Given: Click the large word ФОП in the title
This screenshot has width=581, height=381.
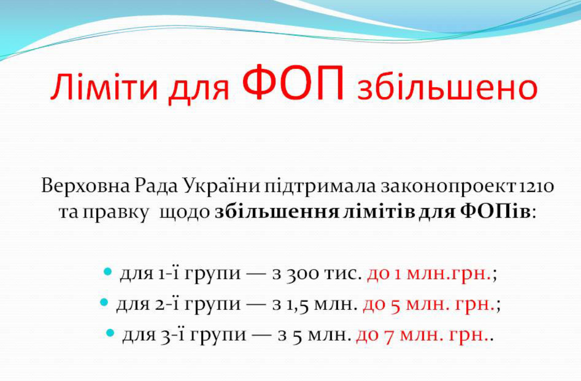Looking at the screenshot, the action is point(294,82).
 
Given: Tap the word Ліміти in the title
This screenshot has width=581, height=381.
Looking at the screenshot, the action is point(104,87).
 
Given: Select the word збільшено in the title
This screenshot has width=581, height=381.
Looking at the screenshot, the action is point(448,87).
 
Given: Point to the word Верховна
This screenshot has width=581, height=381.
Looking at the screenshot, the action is point(85,186).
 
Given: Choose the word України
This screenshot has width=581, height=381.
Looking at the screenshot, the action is point(221,186).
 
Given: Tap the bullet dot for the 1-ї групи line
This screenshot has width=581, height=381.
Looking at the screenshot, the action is point(107,272).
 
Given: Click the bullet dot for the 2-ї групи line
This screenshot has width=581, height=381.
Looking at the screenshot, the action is point(104,302).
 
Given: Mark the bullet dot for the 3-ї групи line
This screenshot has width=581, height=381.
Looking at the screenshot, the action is point(110,333).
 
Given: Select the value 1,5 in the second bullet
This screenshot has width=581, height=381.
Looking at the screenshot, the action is point(297,306).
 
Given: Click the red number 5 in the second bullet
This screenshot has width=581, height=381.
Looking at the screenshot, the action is point(396,306).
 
